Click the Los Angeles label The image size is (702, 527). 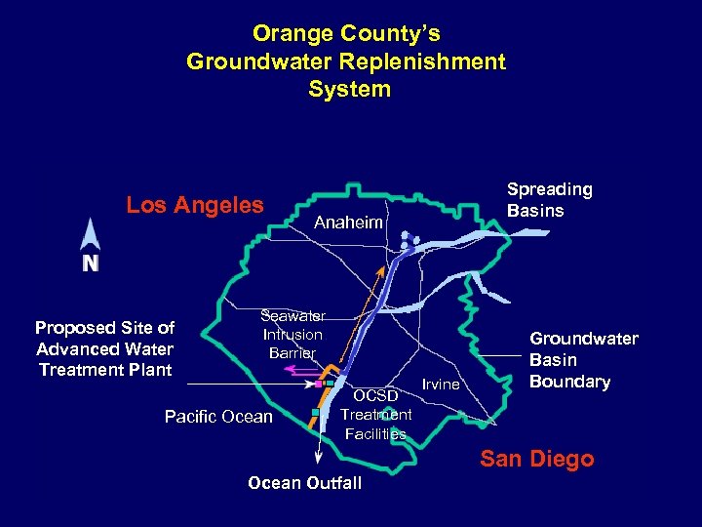pyautogui.click(x=195, y=205)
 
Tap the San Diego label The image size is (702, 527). pyautogui.click(x=536, y=459)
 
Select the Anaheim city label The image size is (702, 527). pyautogui.click(x=348, y=223)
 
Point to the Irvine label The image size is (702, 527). pyautogui.click(x=441, y=385)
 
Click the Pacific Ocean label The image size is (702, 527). pyautogui.click(x=218, y=417)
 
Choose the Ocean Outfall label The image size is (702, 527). pyautogui.click(x=304, y=483)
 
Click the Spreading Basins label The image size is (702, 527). pyautogui.click(x=549, y=200)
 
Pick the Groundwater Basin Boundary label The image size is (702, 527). pyautogui.click(x=583, y=360)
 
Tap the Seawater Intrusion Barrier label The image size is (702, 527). pyautogui.click(x=292, y=335)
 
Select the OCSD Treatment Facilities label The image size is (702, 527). pyautogui.click(x=376, y=415)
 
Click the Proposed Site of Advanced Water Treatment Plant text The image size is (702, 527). pyautogui.click(x=104, y=348)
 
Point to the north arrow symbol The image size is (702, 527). pyautogui.click(x=90, y=235)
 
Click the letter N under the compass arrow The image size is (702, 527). pyautogui.click(x=90, y=263)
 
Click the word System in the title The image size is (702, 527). pyautogui.click(x=349, y=90)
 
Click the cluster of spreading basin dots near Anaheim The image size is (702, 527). pyautogui.click(x=409, y=240)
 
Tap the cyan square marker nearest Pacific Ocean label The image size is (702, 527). pyautogui.click(x=315, y=413)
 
